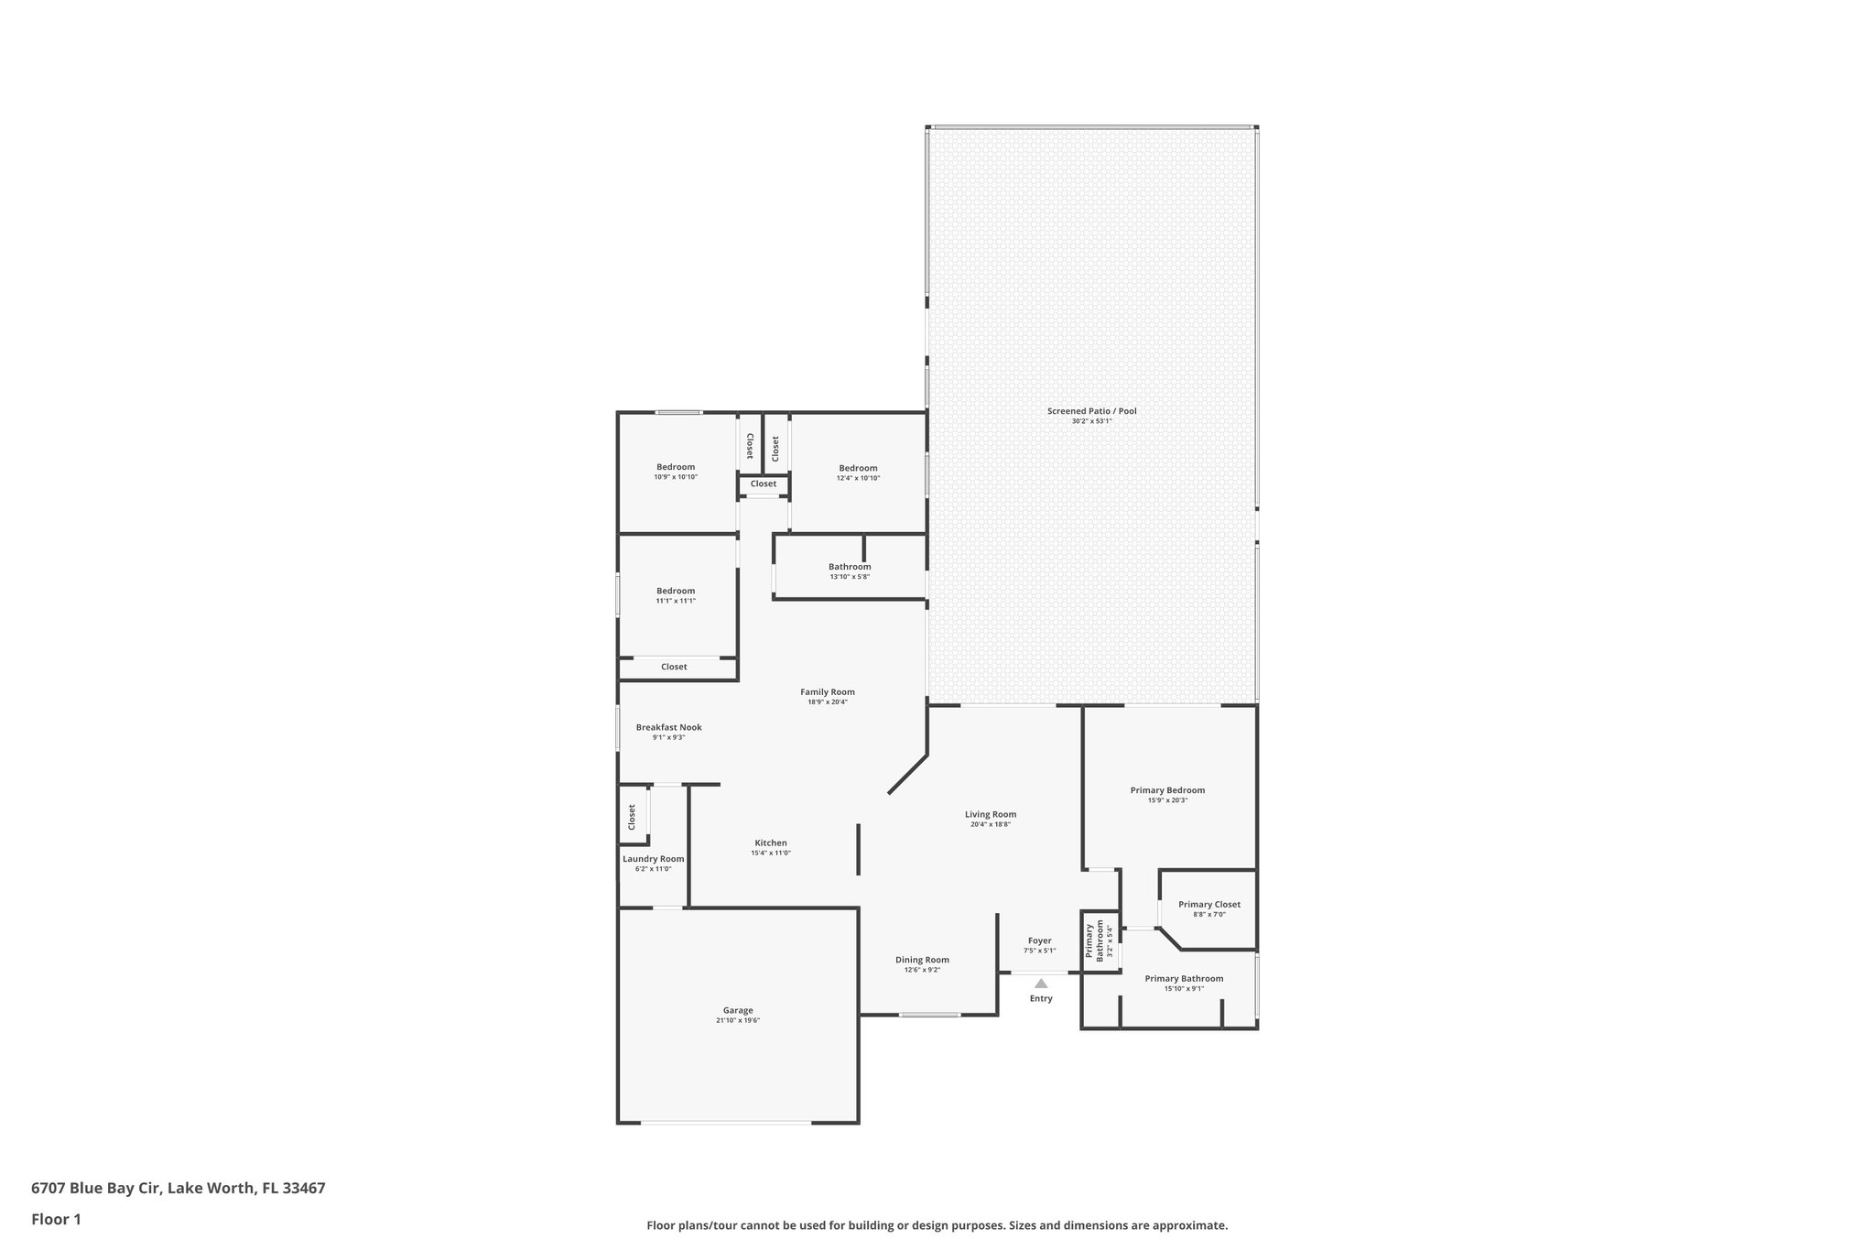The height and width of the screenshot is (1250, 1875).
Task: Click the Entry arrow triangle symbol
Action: point(1040,984)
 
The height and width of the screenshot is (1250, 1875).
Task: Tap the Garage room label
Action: point(738,1010)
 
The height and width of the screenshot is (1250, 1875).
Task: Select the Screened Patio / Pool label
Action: point(1091,411)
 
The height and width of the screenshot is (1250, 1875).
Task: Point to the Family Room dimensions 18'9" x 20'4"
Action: point(827,702)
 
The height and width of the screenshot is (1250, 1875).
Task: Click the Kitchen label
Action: point(770,842)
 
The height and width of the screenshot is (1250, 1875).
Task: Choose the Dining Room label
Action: point(922,960)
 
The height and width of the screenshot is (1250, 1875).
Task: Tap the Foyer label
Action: point(1039,940)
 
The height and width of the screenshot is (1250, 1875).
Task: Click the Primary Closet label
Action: point(1208,905)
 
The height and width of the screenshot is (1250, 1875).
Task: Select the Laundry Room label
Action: point(653,859)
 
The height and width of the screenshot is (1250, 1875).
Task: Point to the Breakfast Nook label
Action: point(668,727)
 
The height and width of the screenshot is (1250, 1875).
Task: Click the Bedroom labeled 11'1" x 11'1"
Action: point(675,591)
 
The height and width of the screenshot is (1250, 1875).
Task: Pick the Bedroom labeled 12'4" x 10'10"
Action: point(858,468)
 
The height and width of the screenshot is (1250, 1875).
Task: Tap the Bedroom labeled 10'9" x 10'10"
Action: point(675,467)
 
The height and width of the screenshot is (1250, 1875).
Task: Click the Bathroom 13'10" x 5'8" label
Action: point(850,567)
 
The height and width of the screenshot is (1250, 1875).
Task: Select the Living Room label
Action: point(990,814)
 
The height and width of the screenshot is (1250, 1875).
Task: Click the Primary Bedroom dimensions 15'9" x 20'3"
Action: point(1167,800)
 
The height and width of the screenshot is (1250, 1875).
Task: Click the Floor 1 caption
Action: point(56,1219)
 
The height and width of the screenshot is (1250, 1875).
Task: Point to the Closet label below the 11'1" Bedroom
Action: point(674,667)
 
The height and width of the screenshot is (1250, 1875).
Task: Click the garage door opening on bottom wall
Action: point(726,1122)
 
